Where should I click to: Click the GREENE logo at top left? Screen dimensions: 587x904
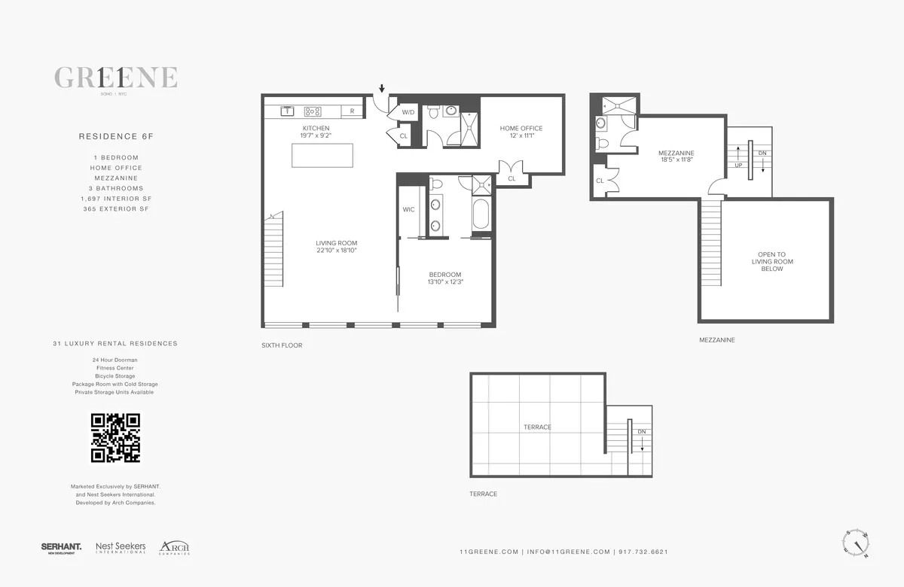[x=115, y=78]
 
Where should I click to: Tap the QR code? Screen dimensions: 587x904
[x=115, y=437]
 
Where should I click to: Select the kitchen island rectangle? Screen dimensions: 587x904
[x=322, y=156]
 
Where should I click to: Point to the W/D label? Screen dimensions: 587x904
[x=408, y=112]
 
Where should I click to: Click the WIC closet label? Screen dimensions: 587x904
[x=408, y=209]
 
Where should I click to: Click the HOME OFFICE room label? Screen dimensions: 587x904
[x=521, y=128]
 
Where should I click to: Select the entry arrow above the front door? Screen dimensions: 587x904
[x=382, y=88]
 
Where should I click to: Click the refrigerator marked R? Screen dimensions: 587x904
[x=352, y=111]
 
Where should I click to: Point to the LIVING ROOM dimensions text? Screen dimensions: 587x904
[x=336, y=250]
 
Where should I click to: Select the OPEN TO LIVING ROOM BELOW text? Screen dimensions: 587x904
[x=772, y=261]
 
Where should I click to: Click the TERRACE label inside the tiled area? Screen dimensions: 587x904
[x=537, y=427]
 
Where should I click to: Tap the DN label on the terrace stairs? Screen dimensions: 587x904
[x=641, y=431]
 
